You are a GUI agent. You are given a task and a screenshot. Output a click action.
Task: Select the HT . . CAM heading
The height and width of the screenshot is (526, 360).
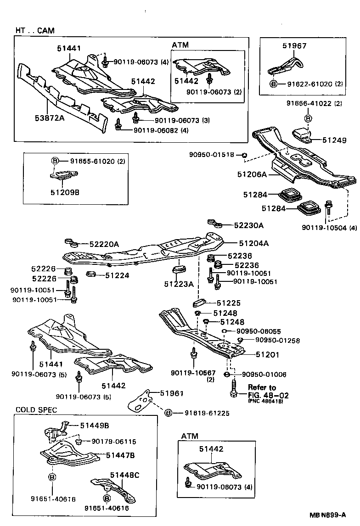pyautogui.click(x=34, y=31)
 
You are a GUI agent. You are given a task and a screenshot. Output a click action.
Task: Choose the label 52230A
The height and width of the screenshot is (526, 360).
pyautogui.click(x=249, y=225)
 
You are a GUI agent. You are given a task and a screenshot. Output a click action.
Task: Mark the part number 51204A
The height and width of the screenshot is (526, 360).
pyautogui.click(x=253, y=243)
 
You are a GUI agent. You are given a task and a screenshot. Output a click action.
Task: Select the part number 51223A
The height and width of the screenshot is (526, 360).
pyautogui.click(x=179, y=284)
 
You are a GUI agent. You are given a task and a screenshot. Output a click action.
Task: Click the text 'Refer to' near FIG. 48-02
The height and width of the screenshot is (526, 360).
pyautogui.click(x=262, y=387)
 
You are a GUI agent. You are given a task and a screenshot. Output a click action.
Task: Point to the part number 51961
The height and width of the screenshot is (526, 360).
pyautogui.click(x=172, y=393)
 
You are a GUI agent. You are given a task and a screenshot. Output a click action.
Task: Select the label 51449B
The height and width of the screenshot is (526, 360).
pyautogui.click(x=95, y=425)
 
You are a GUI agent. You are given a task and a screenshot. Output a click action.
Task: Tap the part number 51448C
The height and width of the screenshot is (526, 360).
pyautogui.click(x=124, y=475)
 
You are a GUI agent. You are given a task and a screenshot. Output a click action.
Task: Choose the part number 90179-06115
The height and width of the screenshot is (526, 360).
pyautogui.click(x=113, y=441)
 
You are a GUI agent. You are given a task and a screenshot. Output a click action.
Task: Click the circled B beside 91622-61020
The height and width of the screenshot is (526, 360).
pyautogui.click(x=273, y=84)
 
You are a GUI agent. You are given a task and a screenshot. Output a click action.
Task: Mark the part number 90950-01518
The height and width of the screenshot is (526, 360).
pyautogui.click(x=212, y=155)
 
